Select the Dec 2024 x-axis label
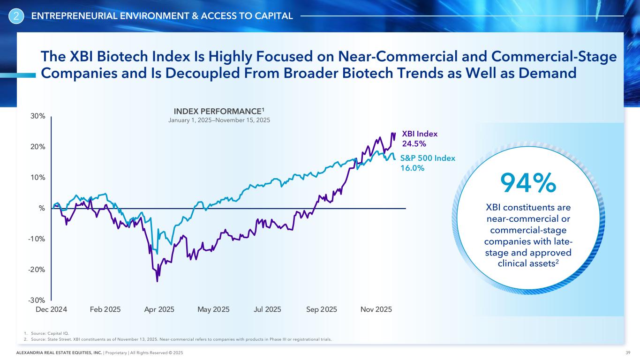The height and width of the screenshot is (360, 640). click(51, 309)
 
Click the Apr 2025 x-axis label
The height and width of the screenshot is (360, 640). click(159, 309)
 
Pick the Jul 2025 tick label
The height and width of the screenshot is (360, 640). click(267, 309)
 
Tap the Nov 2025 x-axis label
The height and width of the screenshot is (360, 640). click(376, 309)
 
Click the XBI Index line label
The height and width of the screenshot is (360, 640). click(420, 134)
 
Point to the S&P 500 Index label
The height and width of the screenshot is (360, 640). click(428, 158)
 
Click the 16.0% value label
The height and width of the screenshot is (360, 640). click(412, 168)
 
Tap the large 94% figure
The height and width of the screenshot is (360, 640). click(528, 183)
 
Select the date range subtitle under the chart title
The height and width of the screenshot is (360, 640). click(219, 120)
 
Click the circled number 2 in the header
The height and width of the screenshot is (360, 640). click(16, 17)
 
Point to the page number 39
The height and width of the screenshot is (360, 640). click(627, 352)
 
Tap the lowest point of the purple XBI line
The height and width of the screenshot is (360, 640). click(157, 281)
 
